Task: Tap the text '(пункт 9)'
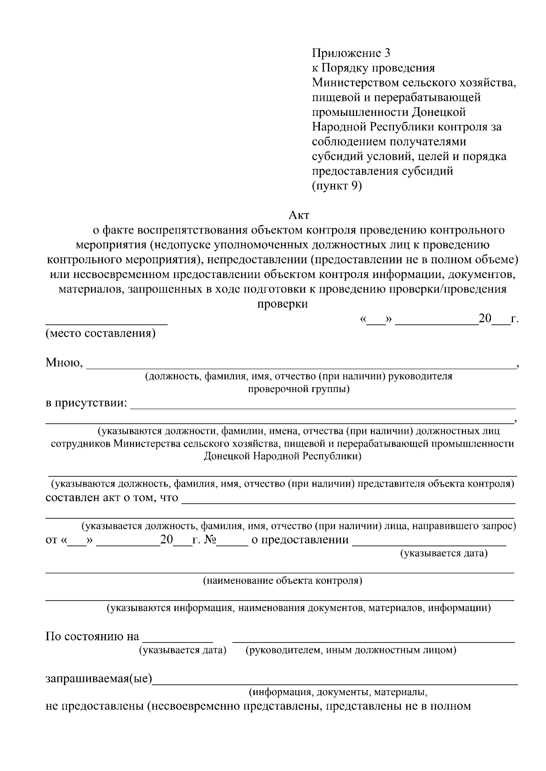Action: [337, 186]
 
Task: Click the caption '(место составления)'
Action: [101, 333]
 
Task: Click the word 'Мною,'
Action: [64, 363]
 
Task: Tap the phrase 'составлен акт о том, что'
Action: [112, 497]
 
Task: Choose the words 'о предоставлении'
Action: [300, 540]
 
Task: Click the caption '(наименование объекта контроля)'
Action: [283, 581]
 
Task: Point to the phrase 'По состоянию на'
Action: [92, 637]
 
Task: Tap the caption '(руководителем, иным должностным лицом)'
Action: [351, 650]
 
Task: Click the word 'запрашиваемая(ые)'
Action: [99, 680]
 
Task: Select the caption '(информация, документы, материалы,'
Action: [338, 693]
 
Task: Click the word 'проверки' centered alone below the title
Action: [283, 304]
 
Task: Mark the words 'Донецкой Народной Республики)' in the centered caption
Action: [283, 456]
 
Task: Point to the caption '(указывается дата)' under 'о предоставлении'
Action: [444, 553]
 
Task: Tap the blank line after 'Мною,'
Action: [300, 365]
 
